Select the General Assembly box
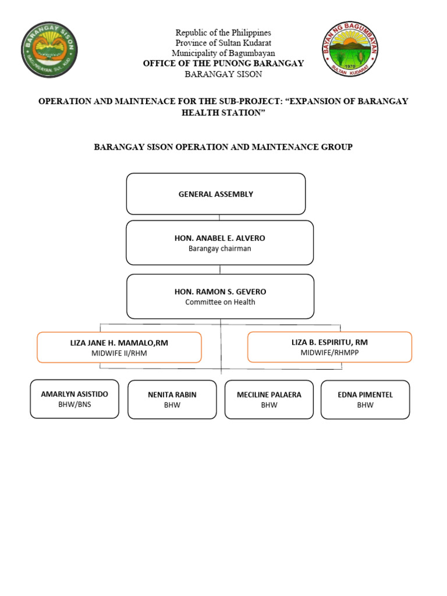[216, 194]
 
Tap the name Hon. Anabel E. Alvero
[219, 238]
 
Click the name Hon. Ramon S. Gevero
[220, 292]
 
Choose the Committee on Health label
[220, 302]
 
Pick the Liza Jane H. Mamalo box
[119, 347]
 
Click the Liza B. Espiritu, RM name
[329, 342]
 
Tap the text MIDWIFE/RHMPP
[329, 353]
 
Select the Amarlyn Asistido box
[74, 399]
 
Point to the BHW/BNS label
[74, 405]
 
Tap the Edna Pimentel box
[365, 399]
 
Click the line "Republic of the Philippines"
[223, 33]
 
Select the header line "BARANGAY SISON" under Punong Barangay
[223, 74]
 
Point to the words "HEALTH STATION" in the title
[223, 112]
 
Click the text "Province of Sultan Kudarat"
[223, 43]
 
